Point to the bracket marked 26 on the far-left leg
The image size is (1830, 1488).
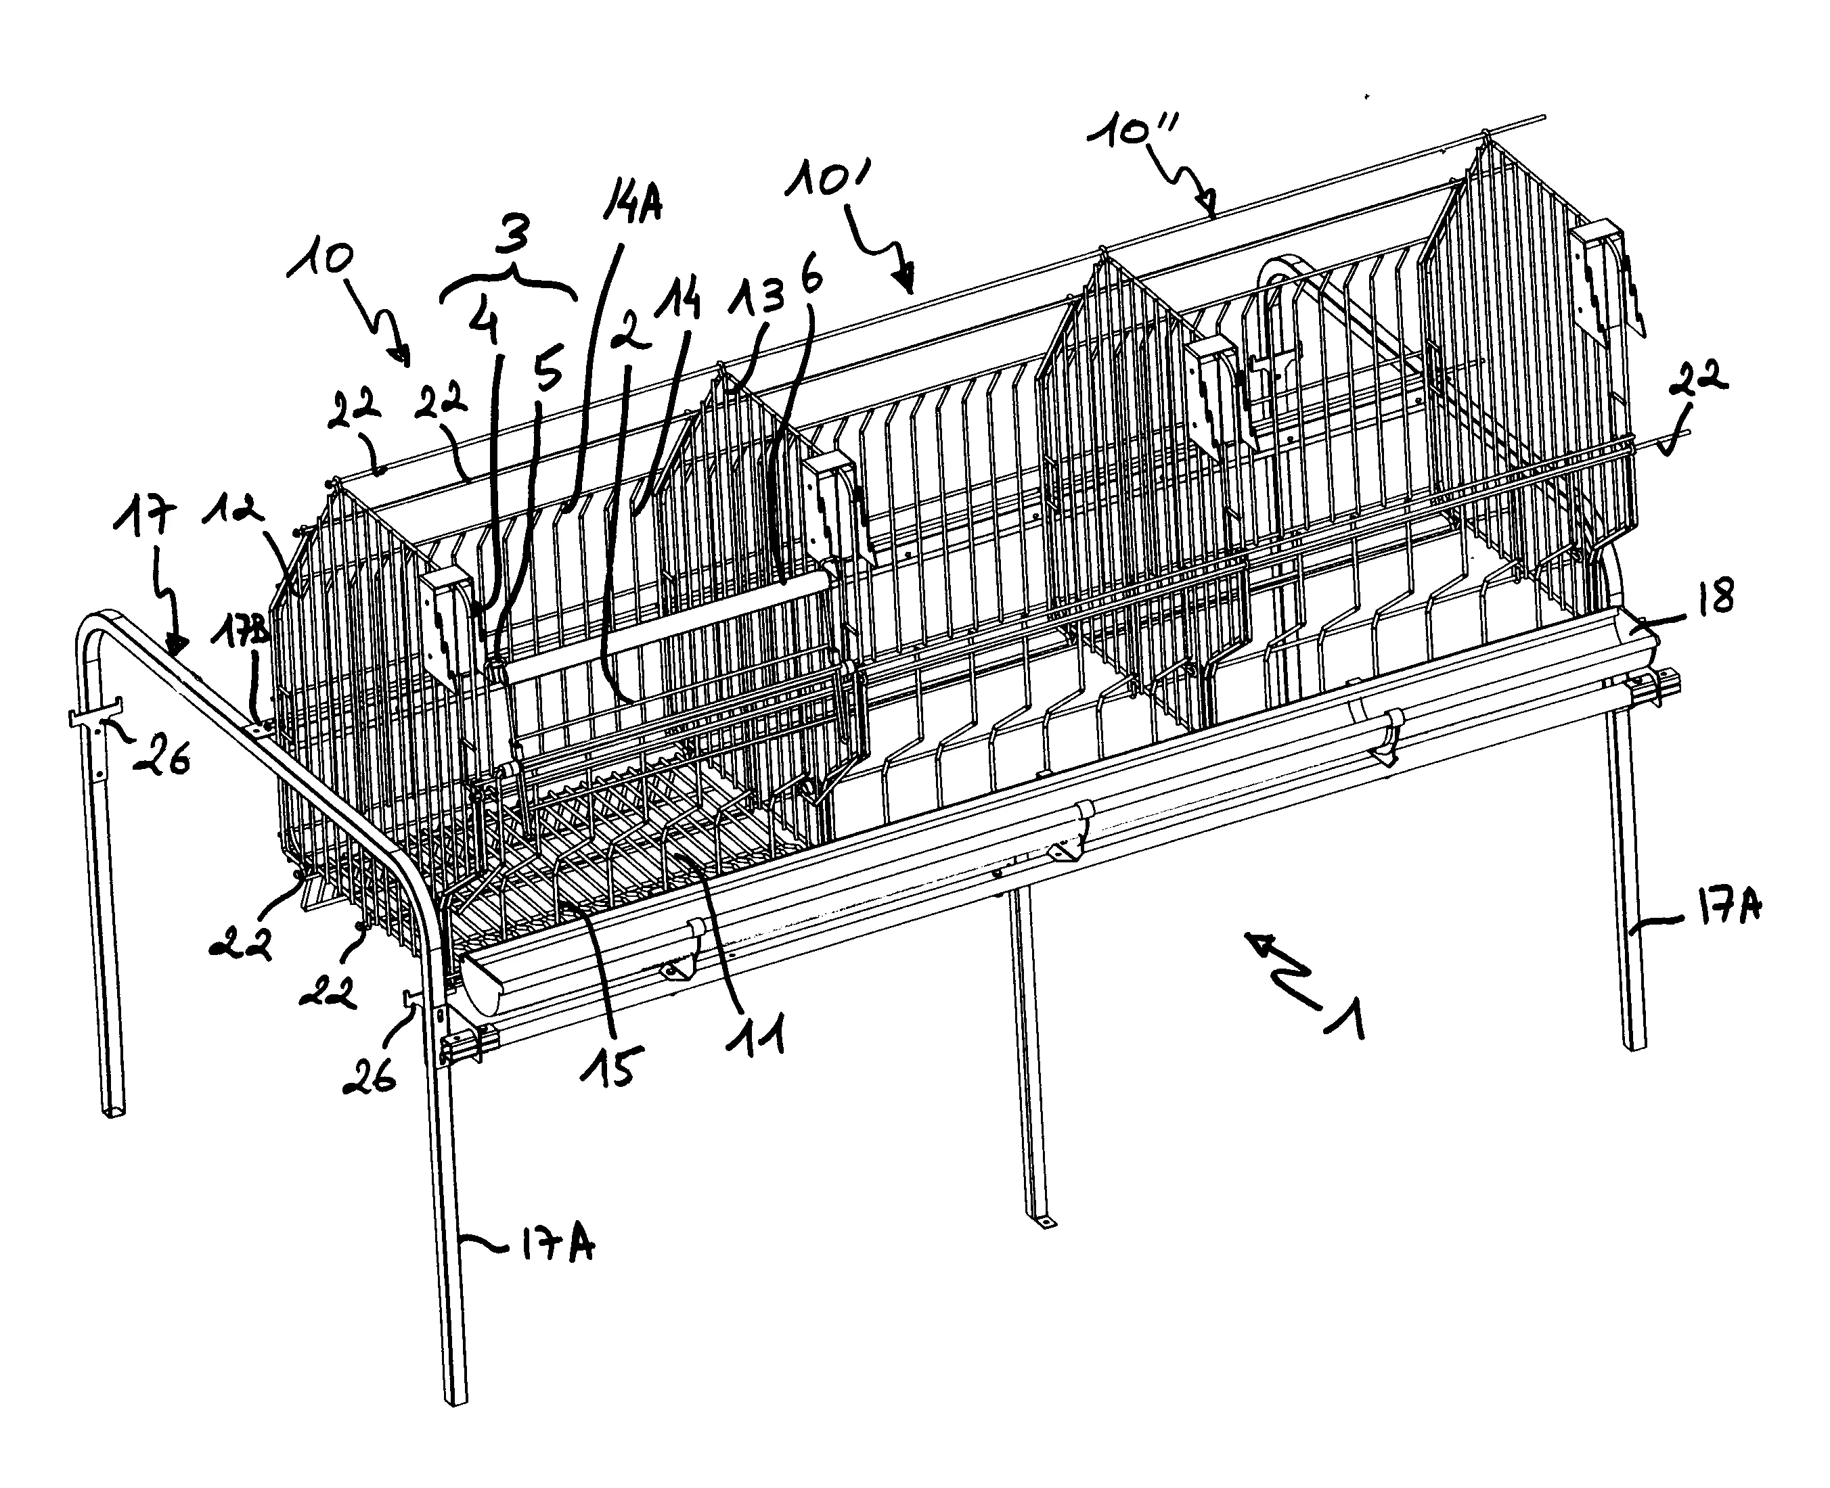pyautogui.click(x=93, y=712)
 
